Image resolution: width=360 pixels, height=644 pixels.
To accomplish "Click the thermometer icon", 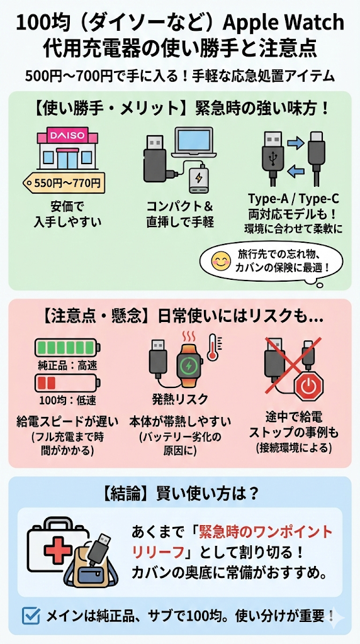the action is coord(213,346).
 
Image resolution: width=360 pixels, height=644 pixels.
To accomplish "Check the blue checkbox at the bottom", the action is coord(31,616).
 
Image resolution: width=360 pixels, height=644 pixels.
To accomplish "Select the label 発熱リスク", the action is coord(179,399).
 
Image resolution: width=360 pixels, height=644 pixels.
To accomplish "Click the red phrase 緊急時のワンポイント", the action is coord(266,533).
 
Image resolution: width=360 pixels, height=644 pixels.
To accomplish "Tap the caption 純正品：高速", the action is coord(67,365).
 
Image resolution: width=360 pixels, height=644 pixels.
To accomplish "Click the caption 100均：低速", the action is coord(67,401).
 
